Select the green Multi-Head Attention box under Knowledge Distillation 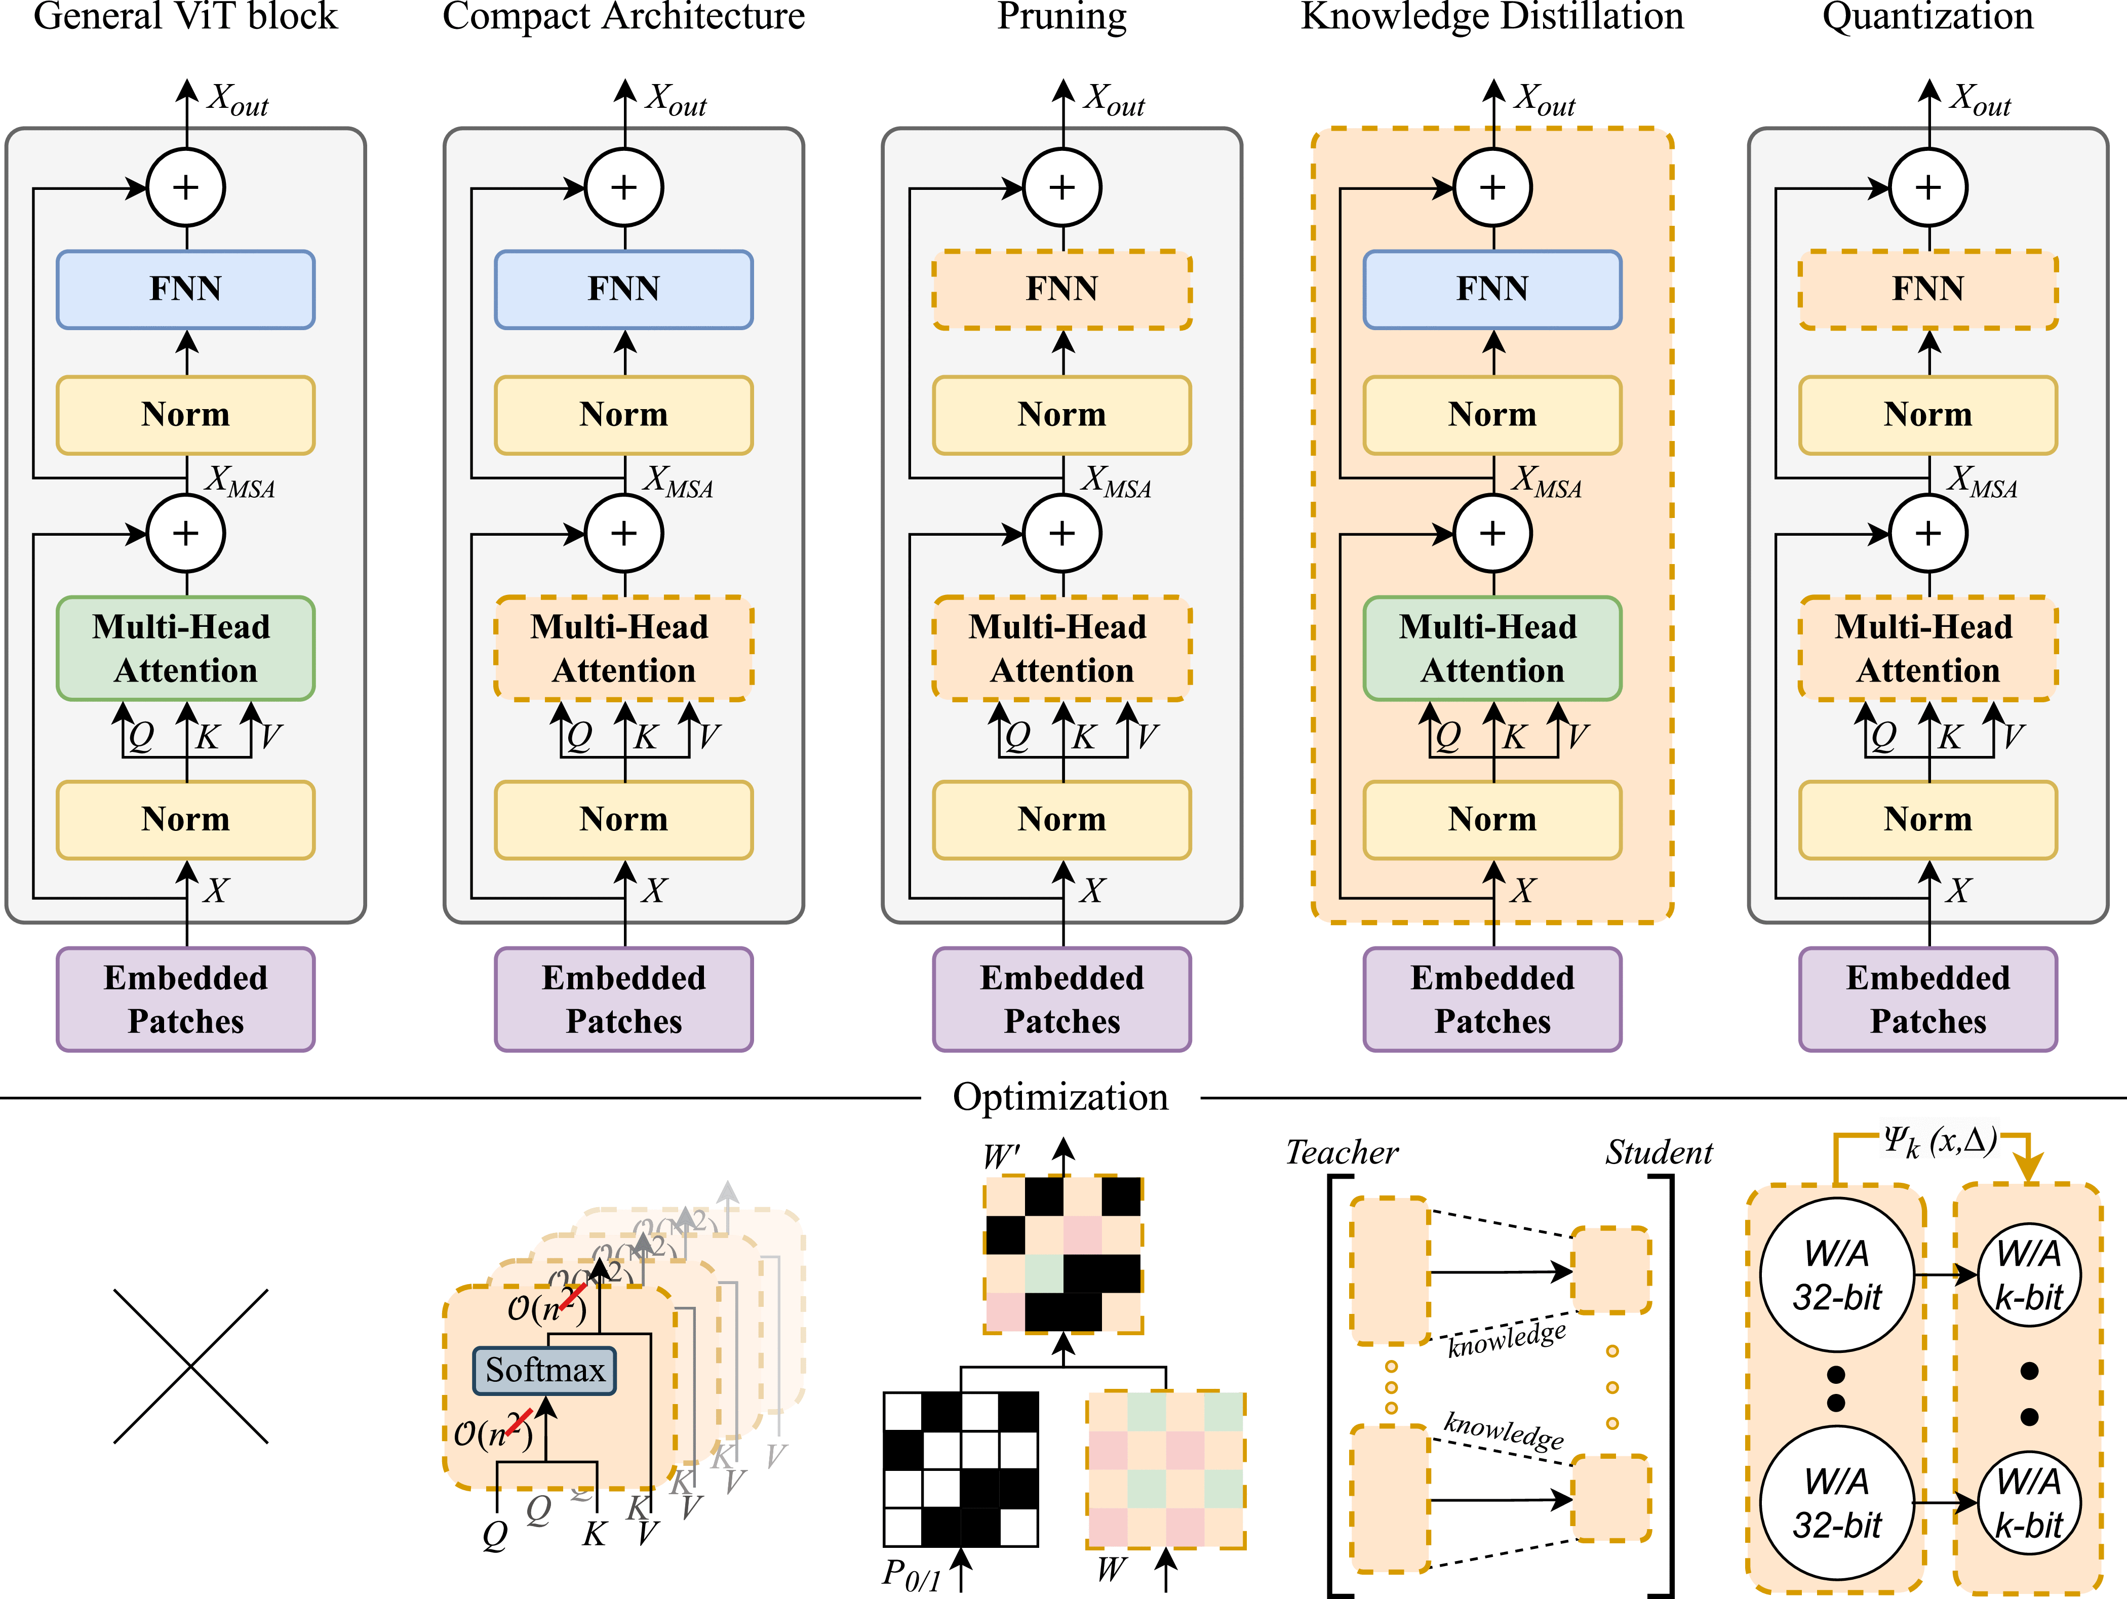[1492, 648]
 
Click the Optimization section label [1060, 1097]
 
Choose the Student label [1659, 1152]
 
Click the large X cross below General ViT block [190, 1366]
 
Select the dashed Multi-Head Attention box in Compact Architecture [623, 648]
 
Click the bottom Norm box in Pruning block [1061, 819]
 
